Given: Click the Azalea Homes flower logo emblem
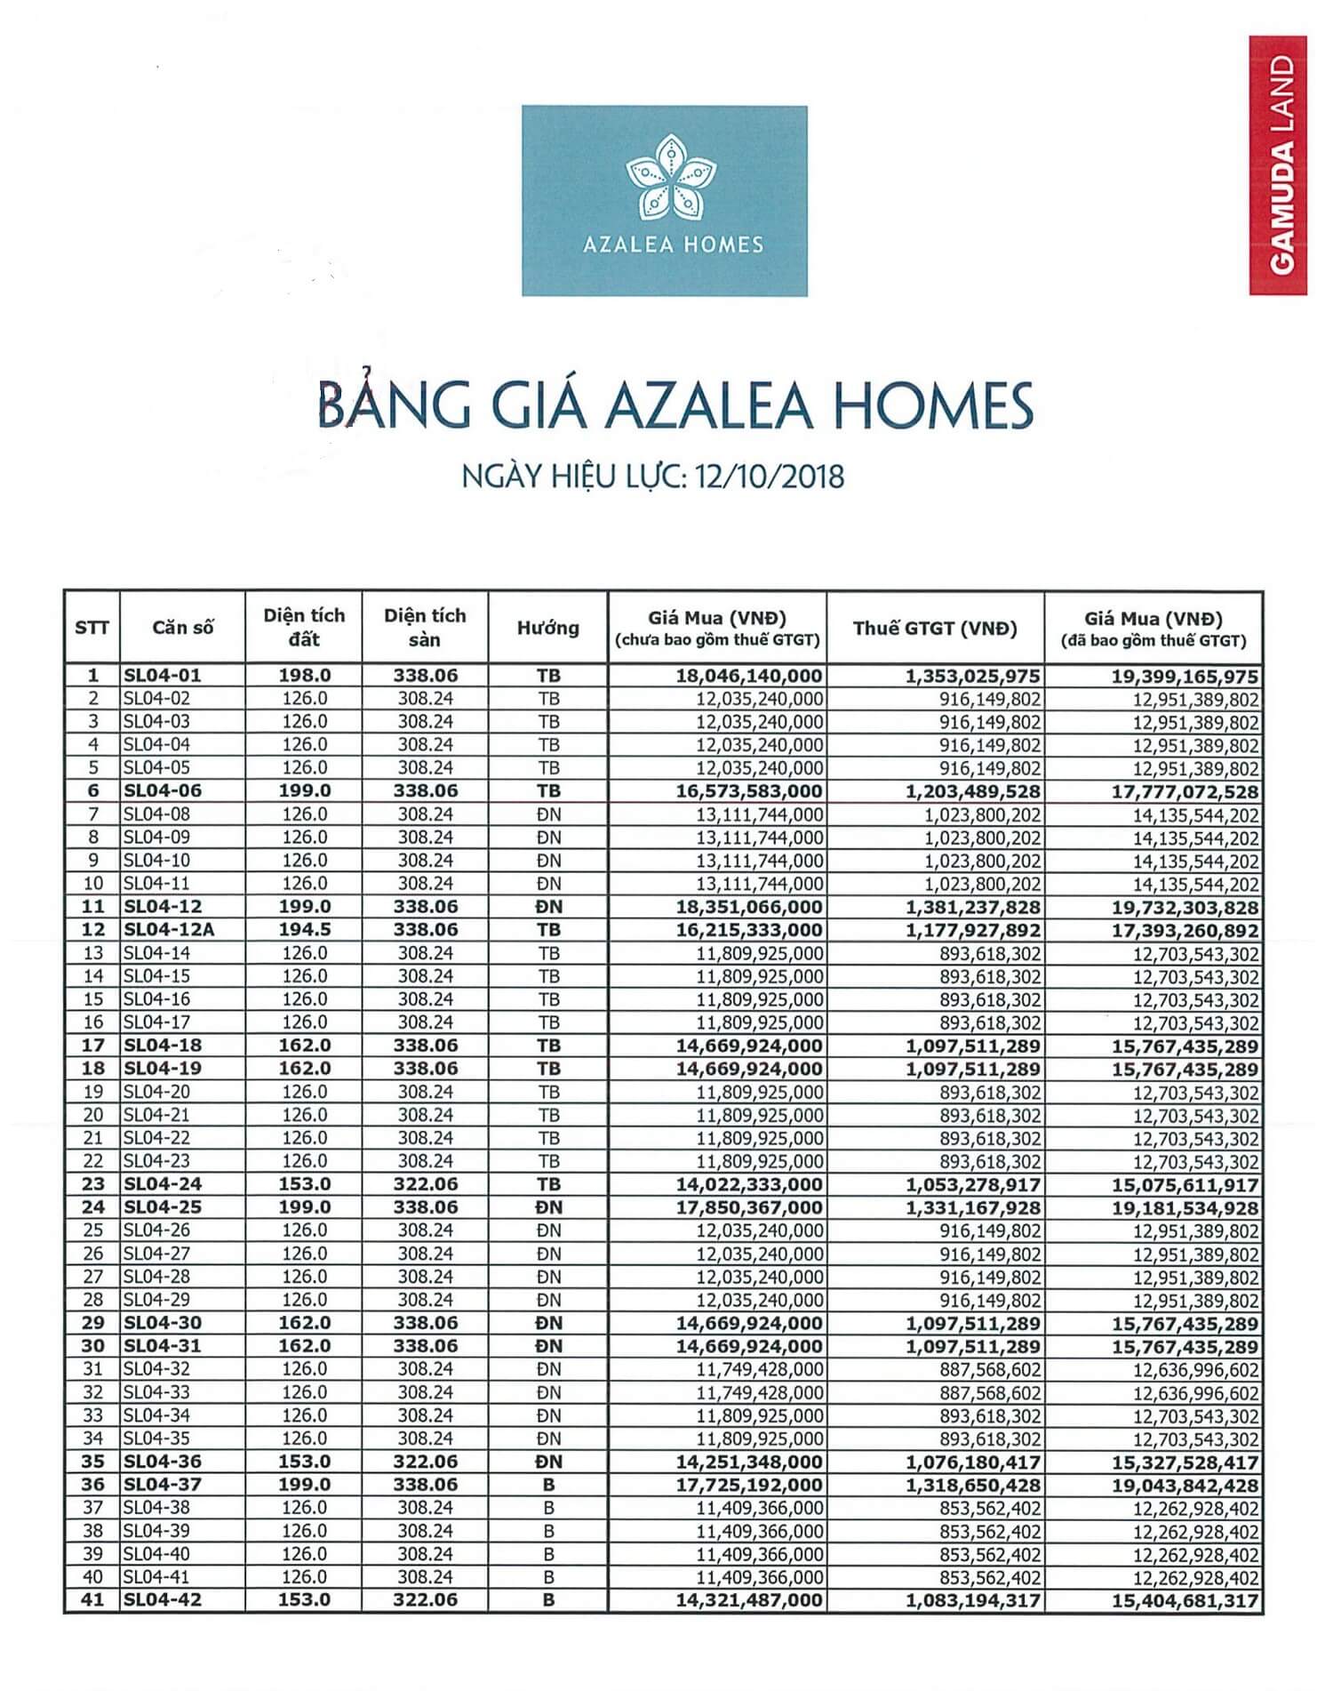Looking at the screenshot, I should pos(665,177).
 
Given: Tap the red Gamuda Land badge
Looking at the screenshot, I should pos(1278,165).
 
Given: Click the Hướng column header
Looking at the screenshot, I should pos(547,628).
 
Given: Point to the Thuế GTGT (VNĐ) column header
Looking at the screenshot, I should pos(935,628).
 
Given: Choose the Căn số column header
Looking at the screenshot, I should pos(182,628).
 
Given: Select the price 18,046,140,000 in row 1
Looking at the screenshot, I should pos(749,676).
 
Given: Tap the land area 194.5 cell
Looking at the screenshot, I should pos(304,930).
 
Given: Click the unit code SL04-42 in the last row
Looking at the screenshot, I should pos(163,1600).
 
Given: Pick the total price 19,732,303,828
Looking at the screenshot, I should pos(1185,908).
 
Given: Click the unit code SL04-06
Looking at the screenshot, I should pos(163,791).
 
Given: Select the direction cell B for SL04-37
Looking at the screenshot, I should pos(548,1485).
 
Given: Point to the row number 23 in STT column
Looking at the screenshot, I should pos(92,1184).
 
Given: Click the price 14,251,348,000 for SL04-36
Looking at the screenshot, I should pos(749,1463).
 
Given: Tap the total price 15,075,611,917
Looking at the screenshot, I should pos(1185,1185).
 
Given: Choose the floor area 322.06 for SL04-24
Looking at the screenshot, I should pos(425,1184).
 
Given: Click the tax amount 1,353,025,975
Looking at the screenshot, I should pos(972,677).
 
